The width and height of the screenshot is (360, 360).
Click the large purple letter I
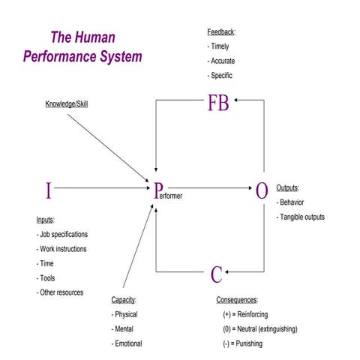pyautogui.click(x=49, y=191)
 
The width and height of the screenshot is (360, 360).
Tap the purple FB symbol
pyautogui.click(x=217, y=103)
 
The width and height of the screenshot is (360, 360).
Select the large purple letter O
pyautogui.click(x=261, y=191)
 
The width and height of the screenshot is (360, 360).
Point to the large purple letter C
pyautogui.click(x=216, y=275)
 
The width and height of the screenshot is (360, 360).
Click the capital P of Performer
pyautogui.click(x=158, y=191)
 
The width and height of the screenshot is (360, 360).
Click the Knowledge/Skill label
pyautogui.click(x=67, y=103)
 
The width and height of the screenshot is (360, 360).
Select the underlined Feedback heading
pyautogui.click(x=221, y=32)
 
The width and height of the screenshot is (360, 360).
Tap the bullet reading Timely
pyautogui.click(x=220, y=46)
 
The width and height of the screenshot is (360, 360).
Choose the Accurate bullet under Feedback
pyautogui.click(x=222, y=61)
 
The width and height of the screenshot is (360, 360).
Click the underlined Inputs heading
pyautogui.click(x=46, y=220)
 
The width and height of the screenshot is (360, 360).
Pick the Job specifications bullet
pyautogui.click(x=62, y=235)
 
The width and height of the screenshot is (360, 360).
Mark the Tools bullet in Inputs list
pyautogui.click(x=46, y=278)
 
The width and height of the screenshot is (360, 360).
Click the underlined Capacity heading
pyautogui.click(x=124, y=299)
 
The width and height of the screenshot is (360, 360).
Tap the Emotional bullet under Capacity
pyautogui.click(x=127, y=343)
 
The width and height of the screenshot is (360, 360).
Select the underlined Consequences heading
pyautogui.click(x=237, y=299)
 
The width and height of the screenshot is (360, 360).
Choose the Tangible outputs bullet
pyautogui.click(x=301, y=217)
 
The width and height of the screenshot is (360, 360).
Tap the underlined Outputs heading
pyautogui.click(x=288, y=188)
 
